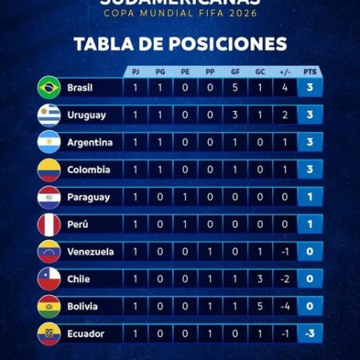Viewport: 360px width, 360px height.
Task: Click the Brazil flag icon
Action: pos(49,87)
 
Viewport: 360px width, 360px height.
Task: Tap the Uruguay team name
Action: pos(86,115)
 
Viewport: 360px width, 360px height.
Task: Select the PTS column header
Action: pos(310,71)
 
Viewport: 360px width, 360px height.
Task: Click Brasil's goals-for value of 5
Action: pos(235,87)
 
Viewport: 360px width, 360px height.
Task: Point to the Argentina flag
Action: pos(49,142)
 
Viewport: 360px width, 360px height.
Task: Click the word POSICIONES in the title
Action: pos(225,43)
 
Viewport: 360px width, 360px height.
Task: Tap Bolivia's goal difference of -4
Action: pos(285,306)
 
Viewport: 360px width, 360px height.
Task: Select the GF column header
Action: pos(235,71)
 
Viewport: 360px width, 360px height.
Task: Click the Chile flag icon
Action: pos(49,279)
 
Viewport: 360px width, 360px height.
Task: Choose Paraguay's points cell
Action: pos(310,197)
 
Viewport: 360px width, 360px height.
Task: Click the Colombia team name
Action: pos(88,170)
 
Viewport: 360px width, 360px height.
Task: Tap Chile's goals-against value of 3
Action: pos(260,278)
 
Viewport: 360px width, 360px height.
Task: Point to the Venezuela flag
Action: pos(49,251)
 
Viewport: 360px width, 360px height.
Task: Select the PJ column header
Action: pos(136,71)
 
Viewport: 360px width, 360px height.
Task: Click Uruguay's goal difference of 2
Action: pos(285,115)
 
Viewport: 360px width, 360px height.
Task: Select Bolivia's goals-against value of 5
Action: pos(260,306)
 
